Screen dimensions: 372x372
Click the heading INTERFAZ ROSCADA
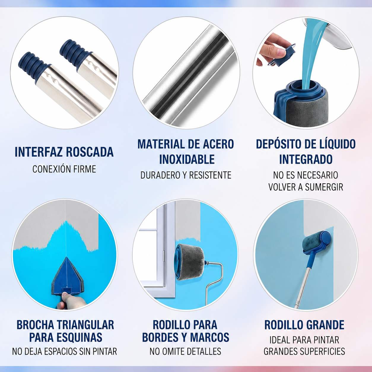pos(64,152)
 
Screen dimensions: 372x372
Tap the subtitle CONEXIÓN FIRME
pos(64,169)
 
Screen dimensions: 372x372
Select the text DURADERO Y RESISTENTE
pos(186,175)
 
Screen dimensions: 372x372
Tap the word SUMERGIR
pos(326,187)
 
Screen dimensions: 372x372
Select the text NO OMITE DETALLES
pos(185,351)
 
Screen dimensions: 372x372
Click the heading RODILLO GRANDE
pos(304,325)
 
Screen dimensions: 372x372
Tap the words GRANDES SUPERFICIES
pos(304,351)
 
